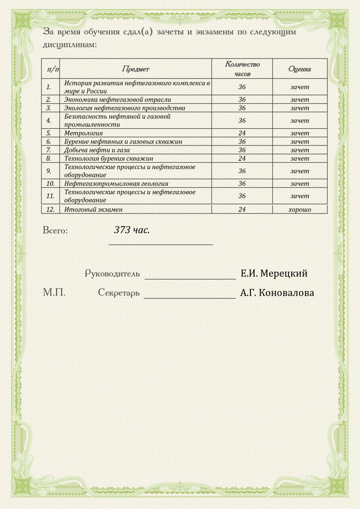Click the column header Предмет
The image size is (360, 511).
135,69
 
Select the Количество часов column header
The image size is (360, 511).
242,69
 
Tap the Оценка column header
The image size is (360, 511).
299,69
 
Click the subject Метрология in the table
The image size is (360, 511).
83,133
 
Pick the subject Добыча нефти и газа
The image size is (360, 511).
97,150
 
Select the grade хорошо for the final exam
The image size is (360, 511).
300,209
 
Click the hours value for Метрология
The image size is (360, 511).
242,133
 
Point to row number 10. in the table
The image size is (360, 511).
50,184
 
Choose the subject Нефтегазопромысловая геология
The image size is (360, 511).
116,184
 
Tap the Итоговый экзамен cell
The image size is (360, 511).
93,209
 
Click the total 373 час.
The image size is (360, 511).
132,230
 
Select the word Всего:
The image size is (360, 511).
55,231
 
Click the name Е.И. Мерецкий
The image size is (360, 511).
274,273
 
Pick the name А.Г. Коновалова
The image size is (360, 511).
277,293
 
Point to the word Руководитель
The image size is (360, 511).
112,274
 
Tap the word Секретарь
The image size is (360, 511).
119,293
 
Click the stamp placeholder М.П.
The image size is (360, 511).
54,292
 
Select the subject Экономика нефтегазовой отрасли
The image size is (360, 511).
117,100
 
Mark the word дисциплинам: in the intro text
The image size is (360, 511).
70,45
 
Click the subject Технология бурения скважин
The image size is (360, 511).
108,159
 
